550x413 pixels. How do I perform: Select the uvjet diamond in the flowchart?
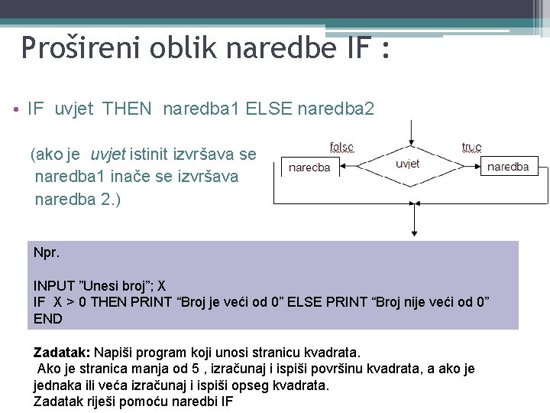[x=408, y=165]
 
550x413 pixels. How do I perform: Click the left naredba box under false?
[x=310, y=167]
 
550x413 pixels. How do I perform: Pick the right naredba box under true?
[x=508, y=166]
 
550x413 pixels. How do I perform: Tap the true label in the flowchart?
[x=472, y=146]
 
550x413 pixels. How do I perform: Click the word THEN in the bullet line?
[x=127, y=109]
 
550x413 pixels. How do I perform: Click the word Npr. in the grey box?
[x=45, y=251]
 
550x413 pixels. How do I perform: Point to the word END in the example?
[x=48, y=317]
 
